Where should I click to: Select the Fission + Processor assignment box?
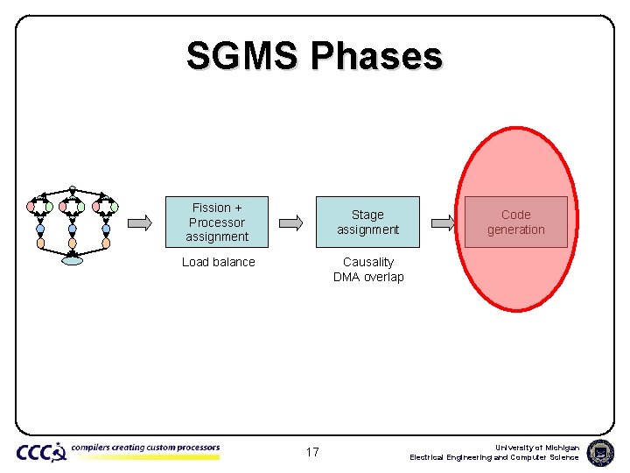pyautogui.click(x=217, y=222)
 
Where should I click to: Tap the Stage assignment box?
pyautogui.click(x=367, y=222)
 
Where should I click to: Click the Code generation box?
pyautogui.click(x=515, y=222)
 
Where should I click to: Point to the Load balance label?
pyautogui.click(x=218, y=262)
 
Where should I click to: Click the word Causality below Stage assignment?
pyautogui.click(x=368, y=262)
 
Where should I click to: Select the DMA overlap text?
pyautogui.click(x=368, y=277)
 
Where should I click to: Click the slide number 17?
pyautogui.click(x=312, y=452)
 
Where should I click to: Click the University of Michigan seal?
pyautogui.click(x=600, y=452)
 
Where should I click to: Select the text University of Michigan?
pyautogui.click(x=536, y=447)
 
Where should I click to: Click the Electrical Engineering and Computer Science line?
pyautogui.click(x=494, y=457)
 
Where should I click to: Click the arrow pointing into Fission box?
pyautogui.click(x=140, y=222)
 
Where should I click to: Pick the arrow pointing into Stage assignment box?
pyautogui.click(x=292, y=222)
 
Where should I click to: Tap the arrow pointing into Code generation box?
pyautogui.click(x=444, y=222)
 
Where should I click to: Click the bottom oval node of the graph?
pyautogui.click(x=73, y=259)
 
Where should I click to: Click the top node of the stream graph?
pyautogui.click(x=73, y=187)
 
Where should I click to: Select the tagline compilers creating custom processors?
pyautogui.click(x=145, y=448)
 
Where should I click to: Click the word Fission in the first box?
pyautogui.click(x=211, y=208)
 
